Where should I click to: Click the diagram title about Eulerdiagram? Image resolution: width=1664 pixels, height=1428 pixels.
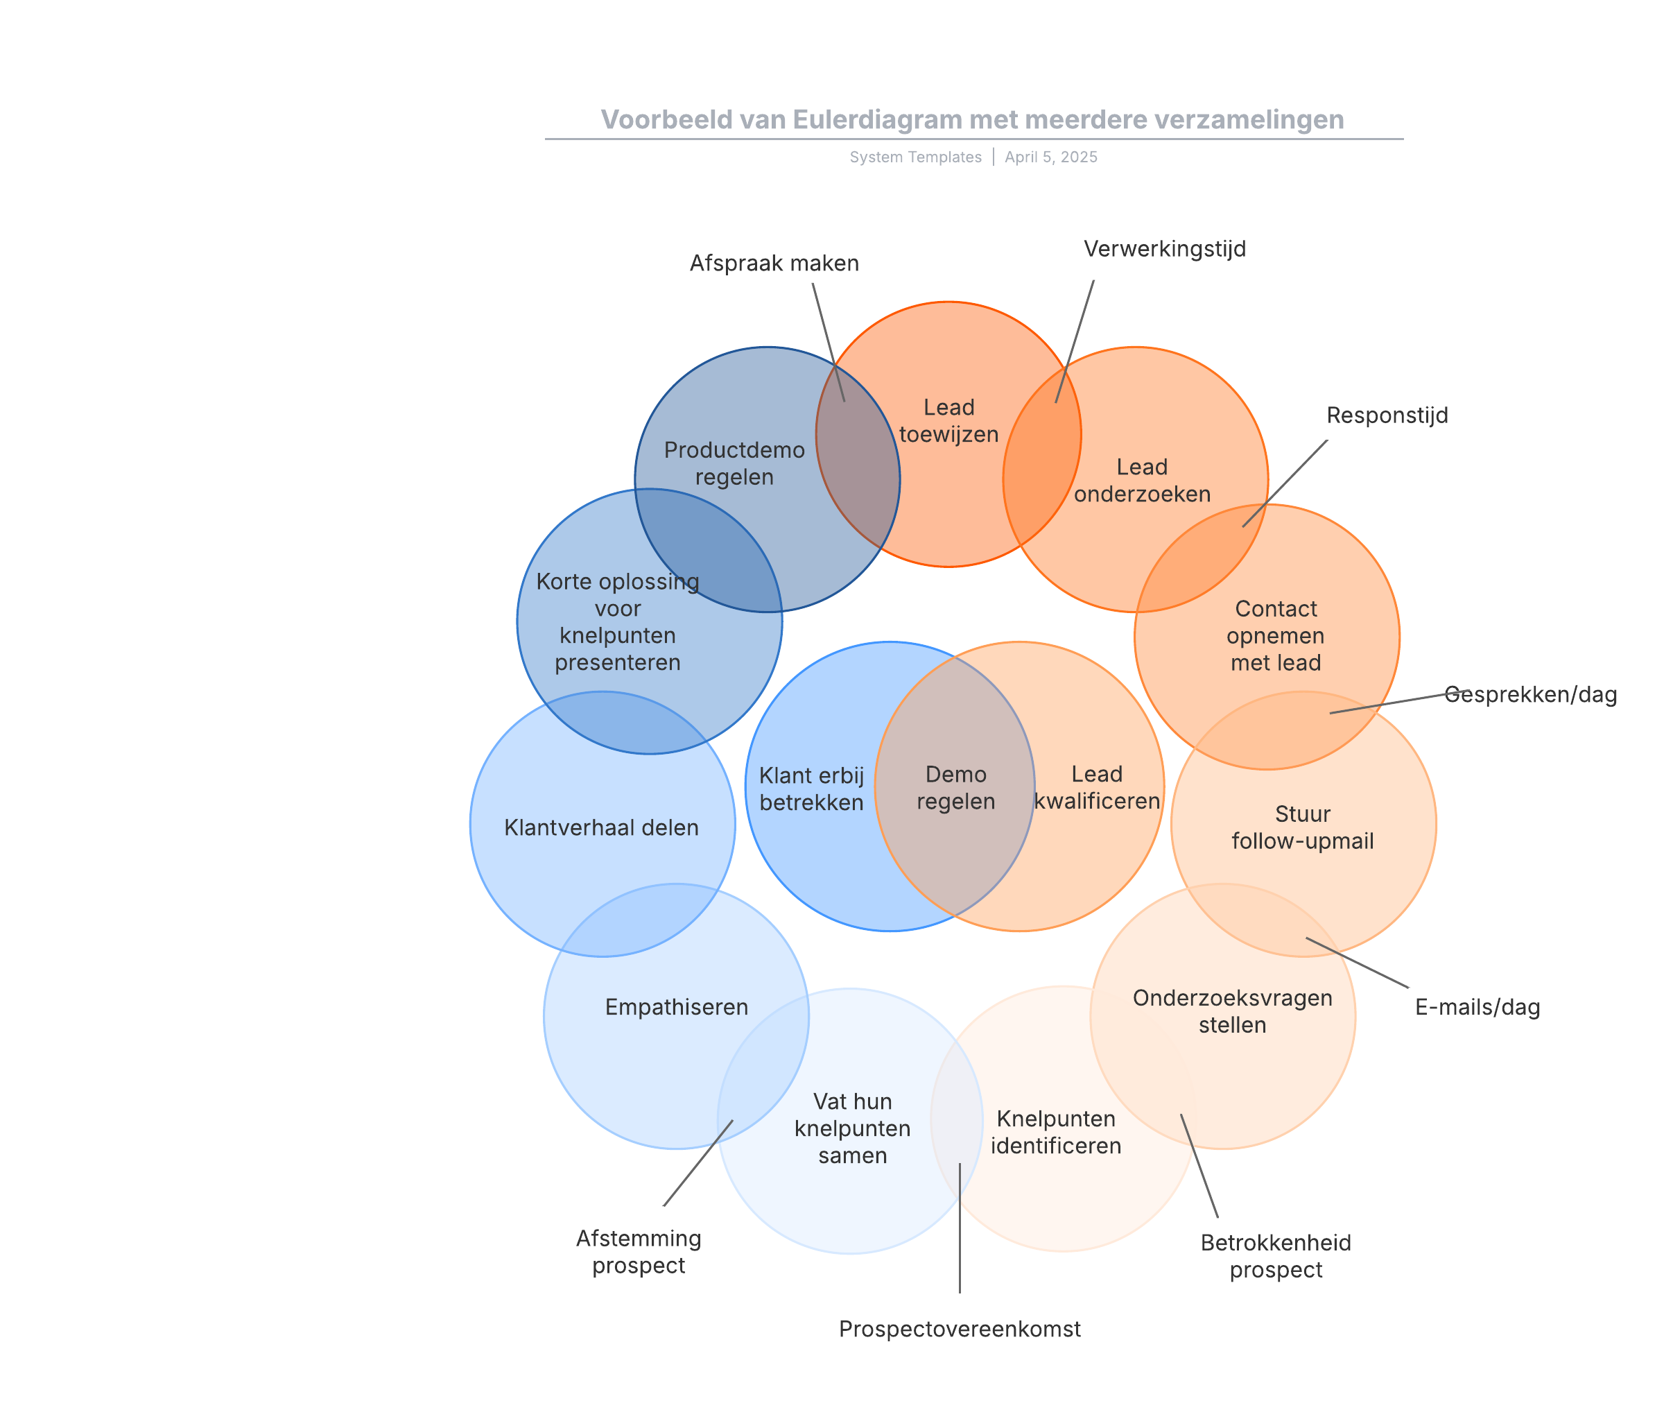(x=972, y=120)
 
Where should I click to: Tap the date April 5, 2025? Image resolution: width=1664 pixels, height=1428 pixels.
(x=1050, y=157)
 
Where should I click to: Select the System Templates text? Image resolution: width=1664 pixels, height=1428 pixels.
(x=915, y=157)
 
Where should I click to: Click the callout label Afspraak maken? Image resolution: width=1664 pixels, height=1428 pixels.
(x=774, y=264)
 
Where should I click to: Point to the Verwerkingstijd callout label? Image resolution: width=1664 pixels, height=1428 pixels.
(x=1165, y=249)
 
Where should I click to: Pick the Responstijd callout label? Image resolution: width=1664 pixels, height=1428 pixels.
(x=1387, y=415)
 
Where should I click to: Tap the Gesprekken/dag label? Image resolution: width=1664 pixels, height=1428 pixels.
(x=1531, y=695)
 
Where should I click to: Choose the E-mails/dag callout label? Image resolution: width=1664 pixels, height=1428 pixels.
(x=1477, y=1007)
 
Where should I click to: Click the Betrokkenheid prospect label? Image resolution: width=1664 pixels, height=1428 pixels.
(x=1275, y=1256)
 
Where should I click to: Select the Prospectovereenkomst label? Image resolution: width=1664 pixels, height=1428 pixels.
(x=960, y=1330)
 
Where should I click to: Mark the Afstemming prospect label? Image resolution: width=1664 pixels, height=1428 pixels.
(x=639, y=1251)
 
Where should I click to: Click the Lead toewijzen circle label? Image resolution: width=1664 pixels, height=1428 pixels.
(x=948, y=421)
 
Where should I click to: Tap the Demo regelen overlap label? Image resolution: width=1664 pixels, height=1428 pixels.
(x=955, y=788)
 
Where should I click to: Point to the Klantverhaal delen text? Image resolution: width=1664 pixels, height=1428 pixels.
(x=602, y=828)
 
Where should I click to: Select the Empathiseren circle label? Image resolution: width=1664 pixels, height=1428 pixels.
(x=676, y=1007)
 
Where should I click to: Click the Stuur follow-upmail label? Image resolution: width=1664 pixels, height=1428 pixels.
(x=1303, y=827)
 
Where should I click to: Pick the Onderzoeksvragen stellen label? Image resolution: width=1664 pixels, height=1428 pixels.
(x=1232, y=1011)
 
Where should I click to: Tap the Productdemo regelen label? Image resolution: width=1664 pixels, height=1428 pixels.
(x=734, y=463)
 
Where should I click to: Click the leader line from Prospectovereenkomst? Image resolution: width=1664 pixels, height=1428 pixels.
(x=960, y=1229)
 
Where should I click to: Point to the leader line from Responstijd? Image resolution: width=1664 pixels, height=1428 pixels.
(x=1285, y=483)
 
